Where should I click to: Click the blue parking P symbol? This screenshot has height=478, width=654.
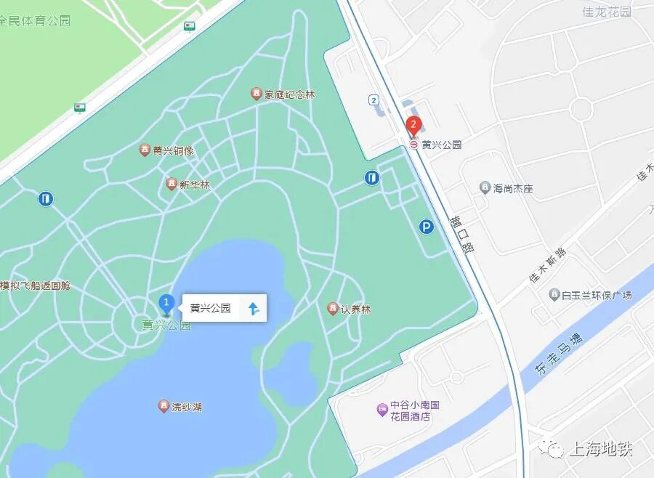(426, 227)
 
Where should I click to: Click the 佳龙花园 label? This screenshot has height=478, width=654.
(607, 12)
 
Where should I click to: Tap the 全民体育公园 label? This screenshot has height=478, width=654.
(36, 21)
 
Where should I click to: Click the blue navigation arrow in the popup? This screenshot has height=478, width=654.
(254, 308)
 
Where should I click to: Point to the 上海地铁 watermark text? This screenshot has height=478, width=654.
(599, 449)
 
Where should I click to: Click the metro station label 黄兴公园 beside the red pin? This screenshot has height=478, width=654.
(441, 145)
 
